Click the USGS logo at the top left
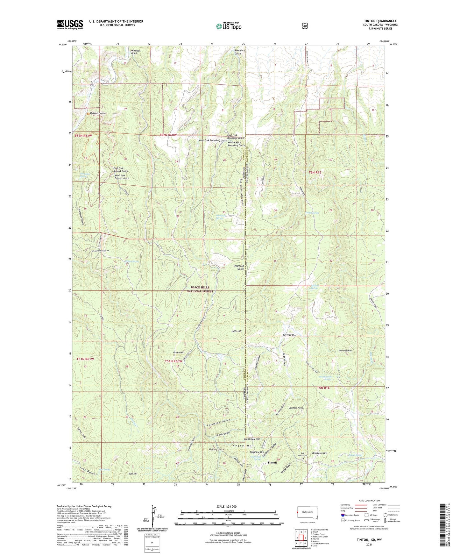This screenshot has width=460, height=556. pyautogui.click(x=70, y=25)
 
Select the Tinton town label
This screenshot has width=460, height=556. pyautogui.click(x=272, y=462)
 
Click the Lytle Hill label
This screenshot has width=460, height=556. pyautogui.click(x=236, y=331)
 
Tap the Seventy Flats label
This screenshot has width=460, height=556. pyautogui.click(x=290, y=335)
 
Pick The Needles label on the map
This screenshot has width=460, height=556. pyautogui.click(x=345, y=350)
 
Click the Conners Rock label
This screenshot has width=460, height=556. pyautogui.click(x=296, y=408)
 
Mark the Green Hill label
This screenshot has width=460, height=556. pyautogui.click(x=178, y=353)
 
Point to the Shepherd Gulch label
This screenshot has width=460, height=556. pyautogui.click(x=239, y=267)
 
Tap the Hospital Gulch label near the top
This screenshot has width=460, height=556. pyautogui.click(x=136, y=52)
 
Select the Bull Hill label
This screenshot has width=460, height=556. pyautogui.click(x=132, y=474)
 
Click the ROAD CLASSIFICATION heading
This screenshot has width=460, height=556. pyautogui.click(x=369, y=501)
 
